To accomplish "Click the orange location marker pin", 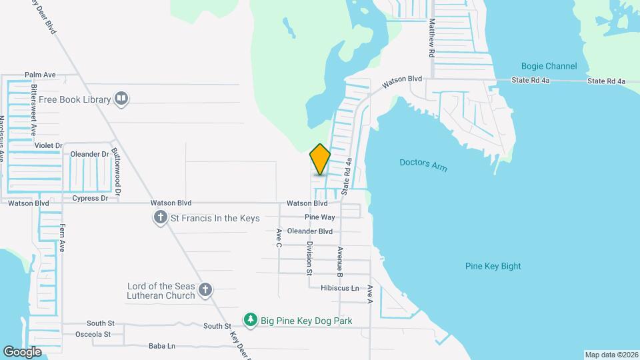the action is point(320,159).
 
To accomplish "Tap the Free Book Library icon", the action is point(121,99).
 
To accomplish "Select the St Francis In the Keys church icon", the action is point(160,218).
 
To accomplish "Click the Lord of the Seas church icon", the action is point(205,290).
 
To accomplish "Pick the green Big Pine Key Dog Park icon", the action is point(250,321).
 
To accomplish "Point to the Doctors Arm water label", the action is point(423,164).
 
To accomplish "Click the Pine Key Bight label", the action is point(493,266).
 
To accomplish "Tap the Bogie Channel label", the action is point(549,66).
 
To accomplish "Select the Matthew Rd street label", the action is point(432,37).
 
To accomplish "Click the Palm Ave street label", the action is point(40,75).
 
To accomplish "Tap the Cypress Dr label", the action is point(90,198).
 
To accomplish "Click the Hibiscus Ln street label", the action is point(340,288).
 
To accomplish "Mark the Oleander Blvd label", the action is point(309,231).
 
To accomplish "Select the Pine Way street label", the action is point(319,217).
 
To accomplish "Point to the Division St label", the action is point(309,258).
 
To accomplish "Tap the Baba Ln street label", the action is point(162,346).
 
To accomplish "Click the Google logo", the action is point(23,351).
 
